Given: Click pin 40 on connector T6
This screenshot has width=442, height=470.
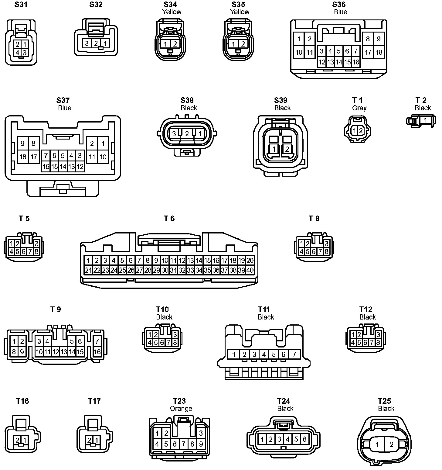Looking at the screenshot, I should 250,270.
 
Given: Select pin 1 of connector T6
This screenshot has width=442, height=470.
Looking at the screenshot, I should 88,261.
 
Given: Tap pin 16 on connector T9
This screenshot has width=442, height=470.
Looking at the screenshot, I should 97,352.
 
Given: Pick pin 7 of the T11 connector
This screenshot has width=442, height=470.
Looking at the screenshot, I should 294,354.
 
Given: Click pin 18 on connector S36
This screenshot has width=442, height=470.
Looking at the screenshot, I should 379,52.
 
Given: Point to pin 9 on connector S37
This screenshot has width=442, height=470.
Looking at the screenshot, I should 23,143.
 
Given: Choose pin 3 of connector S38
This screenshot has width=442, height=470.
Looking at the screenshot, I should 174,133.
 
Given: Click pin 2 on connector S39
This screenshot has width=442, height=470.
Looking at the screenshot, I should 287,149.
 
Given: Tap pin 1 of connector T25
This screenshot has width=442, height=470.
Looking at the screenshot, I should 377,445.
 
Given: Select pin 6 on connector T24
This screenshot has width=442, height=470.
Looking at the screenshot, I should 304,439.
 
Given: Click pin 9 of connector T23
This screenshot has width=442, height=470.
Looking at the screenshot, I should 201,444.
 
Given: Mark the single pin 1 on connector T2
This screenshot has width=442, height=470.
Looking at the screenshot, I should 425,120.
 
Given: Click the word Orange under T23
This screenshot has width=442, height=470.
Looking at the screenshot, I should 181,409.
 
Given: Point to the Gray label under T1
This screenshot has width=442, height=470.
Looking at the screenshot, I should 359,108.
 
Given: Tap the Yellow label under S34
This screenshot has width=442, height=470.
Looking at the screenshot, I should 172,12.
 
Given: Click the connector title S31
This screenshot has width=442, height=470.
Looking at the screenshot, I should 21,5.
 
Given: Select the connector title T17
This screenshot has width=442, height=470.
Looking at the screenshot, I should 94,401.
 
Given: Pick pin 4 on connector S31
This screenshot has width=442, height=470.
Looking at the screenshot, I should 18,53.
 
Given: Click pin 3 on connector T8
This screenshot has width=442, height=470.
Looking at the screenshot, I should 327,244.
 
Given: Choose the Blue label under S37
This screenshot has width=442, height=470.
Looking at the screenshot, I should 65,108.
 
